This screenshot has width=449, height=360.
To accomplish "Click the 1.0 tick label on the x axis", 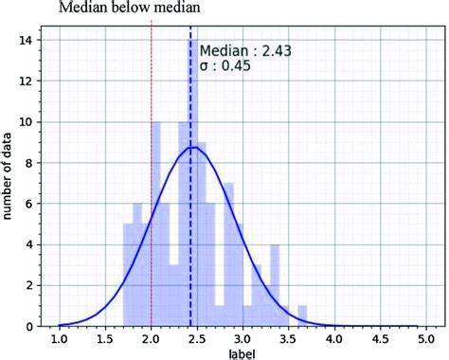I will click(x=60, y=338).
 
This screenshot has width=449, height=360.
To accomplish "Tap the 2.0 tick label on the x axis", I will click(x=152, y=338).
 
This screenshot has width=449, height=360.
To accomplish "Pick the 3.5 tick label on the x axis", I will click(x=289, y=338).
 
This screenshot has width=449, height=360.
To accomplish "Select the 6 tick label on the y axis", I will click(x=33, y=204).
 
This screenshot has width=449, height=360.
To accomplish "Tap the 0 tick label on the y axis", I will click(x=33, y=326).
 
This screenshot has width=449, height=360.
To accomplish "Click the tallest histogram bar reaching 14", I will click(x=190, y=189).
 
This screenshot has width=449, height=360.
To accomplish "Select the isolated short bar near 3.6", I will click(x=302, y=315).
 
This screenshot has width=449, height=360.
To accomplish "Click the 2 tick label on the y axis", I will click(x=33, y=285).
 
